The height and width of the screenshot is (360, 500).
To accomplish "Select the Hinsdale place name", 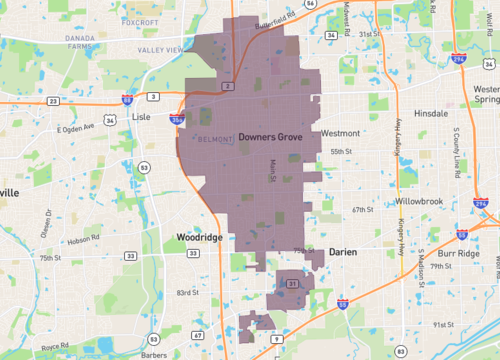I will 430,114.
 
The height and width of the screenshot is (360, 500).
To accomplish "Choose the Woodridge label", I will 197,238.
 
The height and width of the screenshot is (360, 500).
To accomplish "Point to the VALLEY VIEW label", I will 161,49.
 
